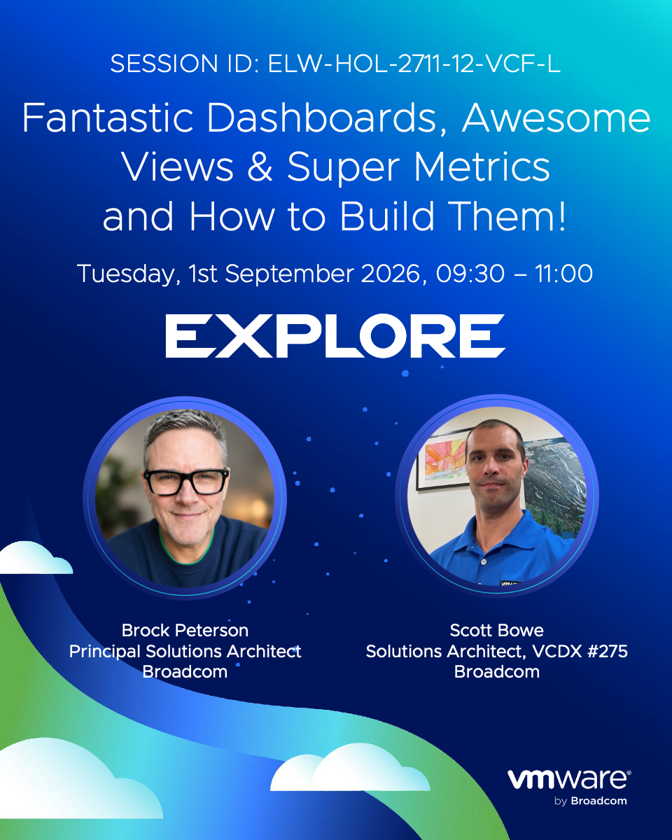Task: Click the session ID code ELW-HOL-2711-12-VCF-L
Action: (x=414, y=63)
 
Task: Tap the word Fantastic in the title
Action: (x=108, y=118)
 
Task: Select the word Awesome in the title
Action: (x=556, y=118)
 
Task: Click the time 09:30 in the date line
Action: (x=470, y=274)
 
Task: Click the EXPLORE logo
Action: (x=335, y=336)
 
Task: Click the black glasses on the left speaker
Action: (x=186, y=482)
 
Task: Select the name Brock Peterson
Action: (x=185, y=631)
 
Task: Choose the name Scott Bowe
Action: (x=497, y=631)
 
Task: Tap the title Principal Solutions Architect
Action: (x=185, y=652)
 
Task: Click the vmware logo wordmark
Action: (x=569, y=780)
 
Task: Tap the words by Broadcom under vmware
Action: (x=590, y=801)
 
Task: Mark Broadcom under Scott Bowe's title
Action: (x=497, y=672)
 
